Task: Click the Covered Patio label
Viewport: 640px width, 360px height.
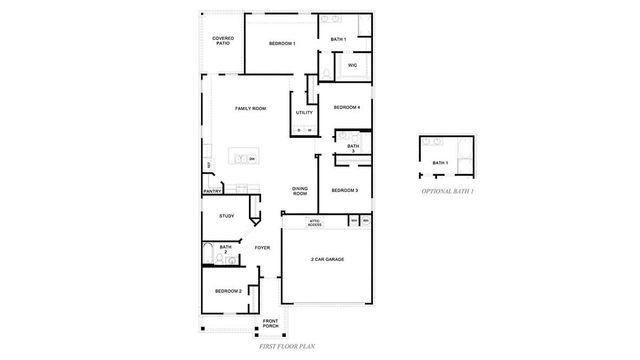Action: pyautogui.click(x=223, y=41)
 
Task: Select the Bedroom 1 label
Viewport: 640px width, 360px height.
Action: pyautogui.click(x=281, y=43)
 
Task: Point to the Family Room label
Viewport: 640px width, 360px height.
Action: pyautogui.click(x=250, y=108)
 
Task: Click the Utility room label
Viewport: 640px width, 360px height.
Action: pyautogui.click(x=304, y=113)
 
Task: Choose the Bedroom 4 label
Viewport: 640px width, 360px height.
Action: pyautogui.click(x=346, y=107)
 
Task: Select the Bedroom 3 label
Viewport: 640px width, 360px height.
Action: pyautogui.click(x=345, y=190)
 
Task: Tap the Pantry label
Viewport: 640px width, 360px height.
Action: pyautogui.click(x=212, y=191)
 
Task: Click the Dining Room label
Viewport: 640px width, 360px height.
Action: pyautogui.click(x=300, y=191)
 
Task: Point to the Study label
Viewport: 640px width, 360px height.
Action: pyautogui.click(x=226, y=215)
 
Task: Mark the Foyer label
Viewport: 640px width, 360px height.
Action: pyautogui.click(x=262, y=247)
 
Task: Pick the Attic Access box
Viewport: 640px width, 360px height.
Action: pyautogui.click(x=314, y=224)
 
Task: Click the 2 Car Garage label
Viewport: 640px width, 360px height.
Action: pyautogui.click(x=327, y=259)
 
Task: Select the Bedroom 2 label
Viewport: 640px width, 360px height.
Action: pyautogui.click(x=228, y=291)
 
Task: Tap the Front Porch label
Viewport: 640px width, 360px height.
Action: pyautogui.click(x=270, y=324)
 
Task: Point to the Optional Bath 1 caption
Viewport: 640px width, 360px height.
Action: pyautogui.click(x=446, y=189)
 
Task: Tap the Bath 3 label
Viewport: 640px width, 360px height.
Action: pyautogui.click(x=353, y=149)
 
